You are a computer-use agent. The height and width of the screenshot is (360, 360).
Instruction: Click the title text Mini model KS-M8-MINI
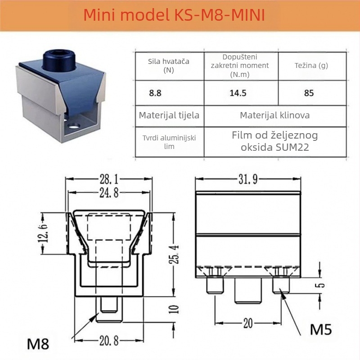[174, 15]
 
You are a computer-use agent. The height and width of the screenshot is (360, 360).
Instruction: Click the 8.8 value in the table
[155, 93]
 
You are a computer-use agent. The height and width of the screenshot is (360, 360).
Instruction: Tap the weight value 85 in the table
[309, 93]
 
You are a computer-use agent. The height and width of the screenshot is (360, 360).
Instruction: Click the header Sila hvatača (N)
[168, 66]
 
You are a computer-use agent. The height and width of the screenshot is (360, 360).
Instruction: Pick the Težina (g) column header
[311, 66]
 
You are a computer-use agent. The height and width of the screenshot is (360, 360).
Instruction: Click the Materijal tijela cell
[169, 115]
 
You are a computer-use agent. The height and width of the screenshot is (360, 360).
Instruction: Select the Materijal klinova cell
[275, 115]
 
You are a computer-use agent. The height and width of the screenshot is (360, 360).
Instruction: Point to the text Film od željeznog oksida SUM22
[275, 141]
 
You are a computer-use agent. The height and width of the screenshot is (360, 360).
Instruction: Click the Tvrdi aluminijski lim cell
[169, 142]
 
